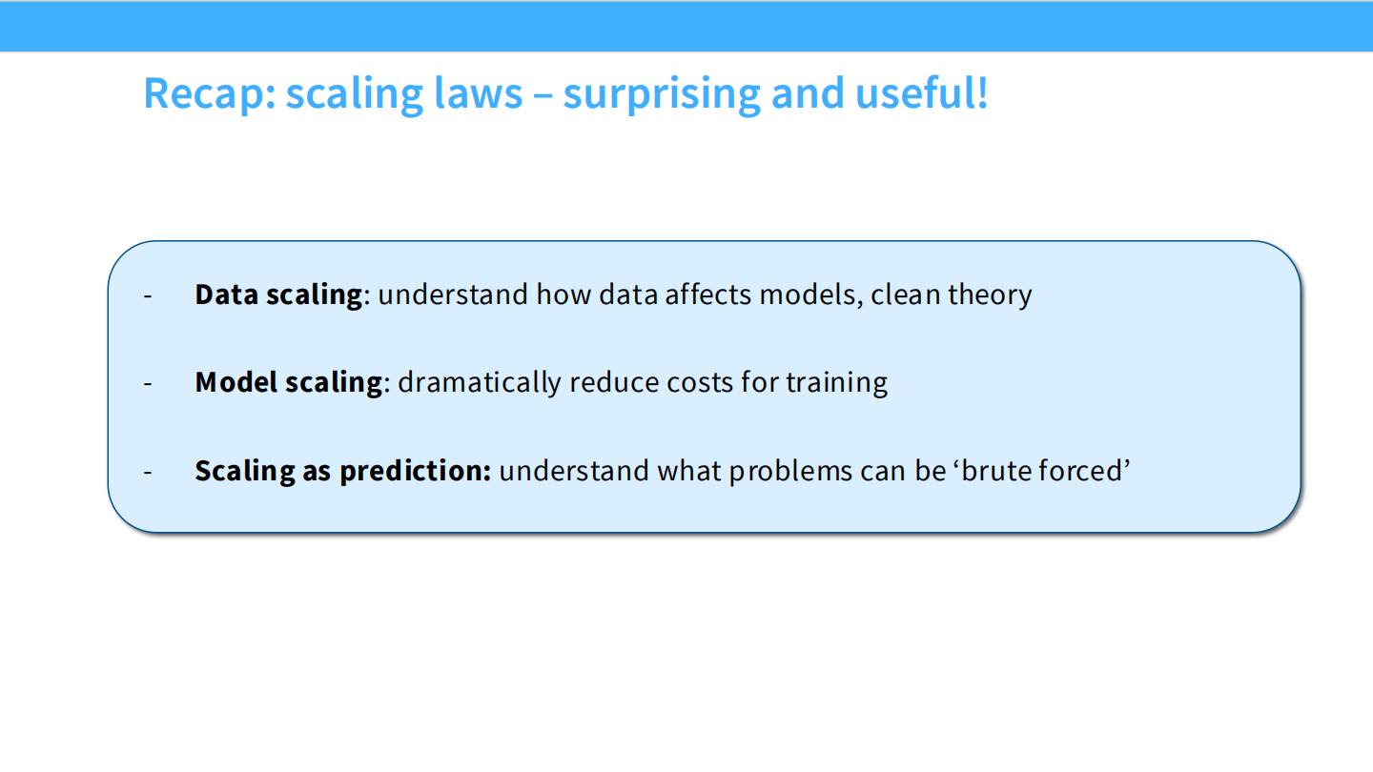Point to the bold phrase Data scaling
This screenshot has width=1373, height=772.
point(278,295)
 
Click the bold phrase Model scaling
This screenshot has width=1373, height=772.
point(288,382)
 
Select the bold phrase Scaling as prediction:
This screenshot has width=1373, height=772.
point(342,471)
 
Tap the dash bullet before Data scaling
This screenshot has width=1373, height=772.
point(148,295)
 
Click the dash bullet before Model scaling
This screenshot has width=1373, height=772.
point(148,383)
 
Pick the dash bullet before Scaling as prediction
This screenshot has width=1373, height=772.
point(148,472)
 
